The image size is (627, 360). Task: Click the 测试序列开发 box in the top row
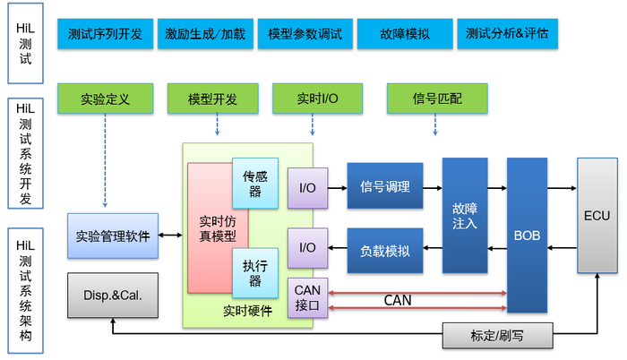[x=104, y=34]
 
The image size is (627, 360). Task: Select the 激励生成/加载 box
[x=205, y=34]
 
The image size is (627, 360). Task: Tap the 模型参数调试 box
[x=305, y=34]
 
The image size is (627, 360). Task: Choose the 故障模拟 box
[x=404, y=34]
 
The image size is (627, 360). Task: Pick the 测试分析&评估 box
[x=507, y=34]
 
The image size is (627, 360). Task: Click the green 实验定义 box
[x=106, y=99]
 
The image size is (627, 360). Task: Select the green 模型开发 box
[x=212, y=99]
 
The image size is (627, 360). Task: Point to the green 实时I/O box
[x=317, y=99]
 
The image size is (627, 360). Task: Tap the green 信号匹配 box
[x=437, y=99]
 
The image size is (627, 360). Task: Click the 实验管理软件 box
[x=113, y=236]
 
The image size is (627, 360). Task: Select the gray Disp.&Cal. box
[x=113, y=295]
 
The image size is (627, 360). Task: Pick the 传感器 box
[x=254, y=183]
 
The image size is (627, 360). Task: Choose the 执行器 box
[x=254, y=272]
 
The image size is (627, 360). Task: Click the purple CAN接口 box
[x=307, y=296]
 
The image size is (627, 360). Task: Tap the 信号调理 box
[x=384, y=186]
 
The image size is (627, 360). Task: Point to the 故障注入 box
[x=465, y=215]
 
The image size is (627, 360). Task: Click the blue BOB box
[x=527, y=235]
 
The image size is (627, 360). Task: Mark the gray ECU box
[x=597, y=215]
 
